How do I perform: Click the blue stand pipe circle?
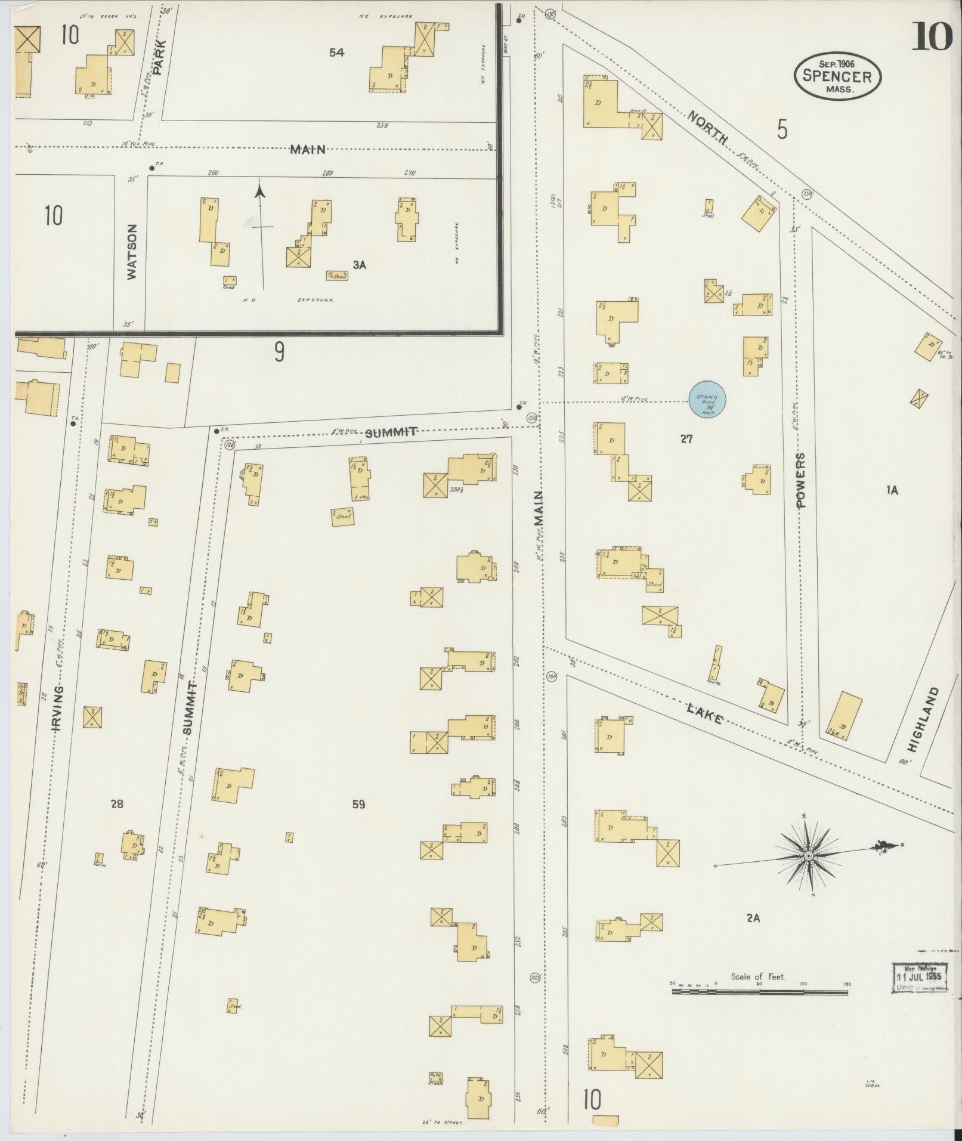(707, 400)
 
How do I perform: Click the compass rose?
(808, 856)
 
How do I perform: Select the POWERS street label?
(800, 480)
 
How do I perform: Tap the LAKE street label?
(705, 714)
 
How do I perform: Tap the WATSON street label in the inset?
(132, 251)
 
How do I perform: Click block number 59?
(358, 805)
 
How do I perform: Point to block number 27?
(686, 439)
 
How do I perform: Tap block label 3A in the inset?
(358, 265)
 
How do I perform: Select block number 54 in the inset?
(336, 52)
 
